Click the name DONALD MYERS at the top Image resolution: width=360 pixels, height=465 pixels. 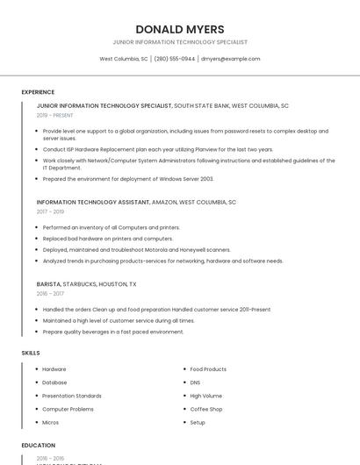[180, 29]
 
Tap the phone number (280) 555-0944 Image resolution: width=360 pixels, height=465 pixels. [175, 59]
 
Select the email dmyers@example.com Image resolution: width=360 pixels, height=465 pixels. [230, 59]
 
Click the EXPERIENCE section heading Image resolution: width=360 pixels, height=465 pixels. [38, 92]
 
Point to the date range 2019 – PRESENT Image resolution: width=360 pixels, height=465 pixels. [54, 115]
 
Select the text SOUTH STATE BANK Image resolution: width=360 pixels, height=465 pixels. [201, 105]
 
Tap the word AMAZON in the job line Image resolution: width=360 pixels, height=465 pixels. [164, 202]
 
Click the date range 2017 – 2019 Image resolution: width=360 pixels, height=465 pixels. [50, 211]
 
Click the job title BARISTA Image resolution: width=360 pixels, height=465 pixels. [48, 284]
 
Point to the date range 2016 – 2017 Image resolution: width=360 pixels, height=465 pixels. [50, 294]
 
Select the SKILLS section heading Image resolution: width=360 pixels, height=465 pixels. [31, 353]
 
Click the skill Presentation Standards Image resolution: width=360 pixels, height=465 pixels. [72, 396]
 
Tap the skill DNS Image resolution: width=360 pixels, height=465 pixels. [195, 383]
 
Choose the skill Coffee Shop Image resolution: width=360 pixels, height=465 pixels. [206, 409]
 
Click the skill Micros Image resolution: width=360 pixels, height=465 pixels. [51, 422]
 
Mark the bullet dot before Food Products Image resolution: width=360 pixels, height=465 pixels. [184, 369]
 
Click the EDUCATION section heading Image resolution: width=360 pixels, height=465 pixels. [39, 445]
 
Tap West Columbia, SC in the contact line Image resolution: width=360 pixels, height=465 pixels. [123, 59]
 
